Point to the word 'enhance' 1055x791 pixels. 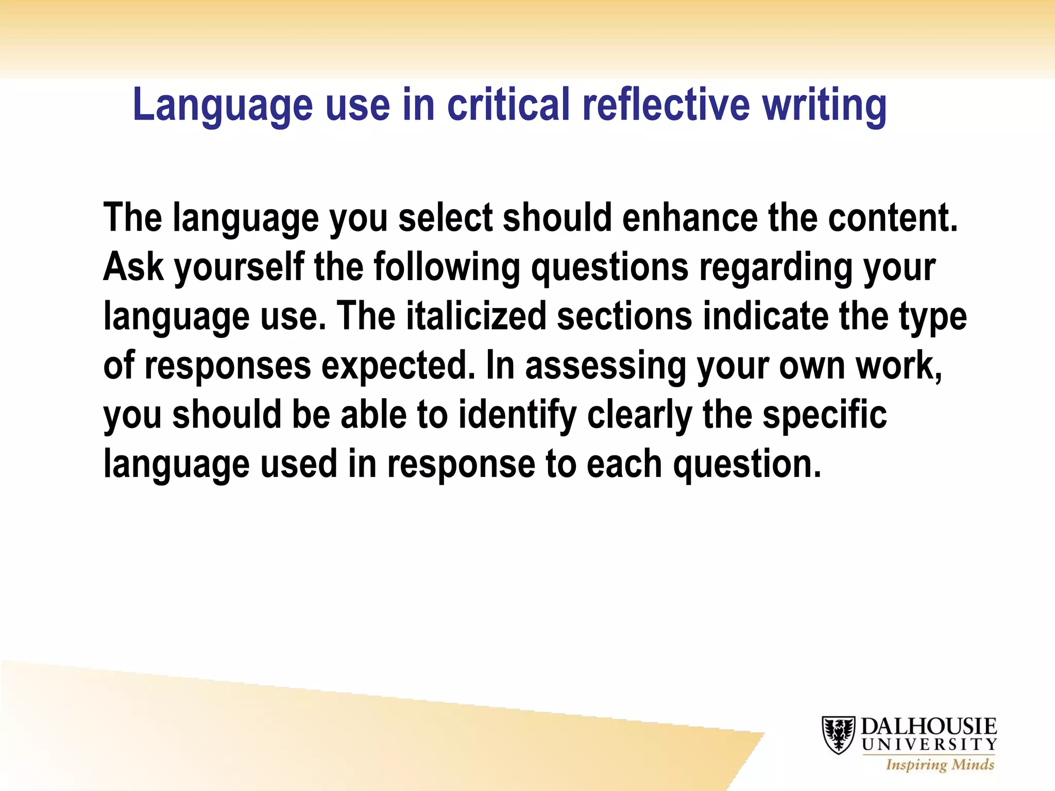pos(689,218)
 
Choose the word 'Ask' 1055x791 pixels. pos(133,267)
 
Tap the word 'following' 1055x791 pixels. pos(447,268)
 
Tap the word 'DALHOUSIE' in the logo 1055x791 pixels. pos(929,727)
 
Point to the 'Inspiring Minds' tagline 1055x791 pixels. pos(940,764)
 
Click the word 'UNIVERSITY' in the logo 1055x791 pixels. pos(929,745)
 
